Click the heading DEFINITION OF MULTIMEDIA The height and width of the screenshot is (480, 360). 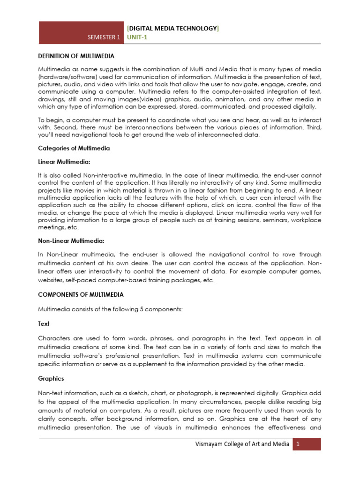tap(76, 56)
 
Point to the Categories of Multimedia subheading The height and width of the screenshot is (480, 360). tap(74, 148)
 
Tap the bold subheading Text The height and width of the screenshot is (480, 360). tap(44, 323)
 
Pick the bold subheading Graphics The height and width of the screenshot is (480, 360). tap(51, 378)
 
